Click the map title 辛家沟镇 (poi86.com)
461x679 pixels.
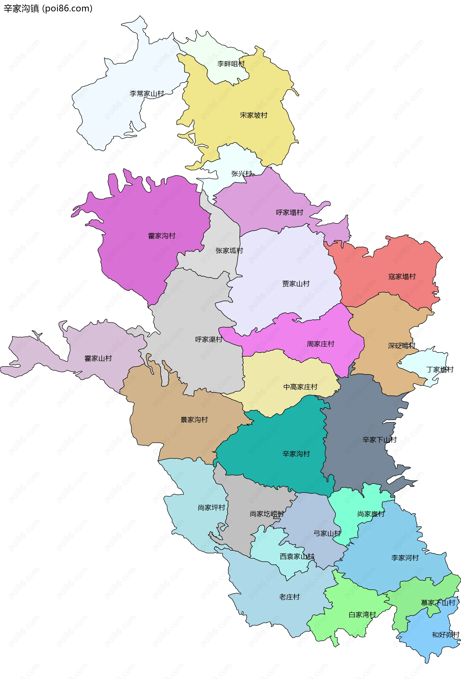48,8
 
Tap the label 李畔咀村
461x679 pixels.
231,64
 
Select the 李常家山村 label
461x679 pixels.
147,94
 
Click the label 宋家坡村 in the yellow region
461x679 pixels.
254,115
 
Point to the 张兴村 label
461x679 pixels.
242,174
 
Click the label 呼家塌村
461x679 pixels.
290,213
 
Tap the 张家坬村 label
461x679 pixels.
229,251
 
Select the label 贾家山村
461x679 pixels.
296,284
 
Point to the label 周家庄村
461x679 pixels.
320,344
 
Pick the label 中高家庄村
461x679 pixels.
300,387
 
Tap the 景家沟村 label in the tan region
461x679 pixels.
194,420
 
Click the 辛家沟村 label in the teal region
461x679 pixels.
296,454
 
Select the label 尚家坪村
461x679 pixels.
211,508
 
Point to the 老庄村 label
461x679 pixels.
289,597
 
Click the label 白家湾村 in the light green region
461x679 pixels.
362,615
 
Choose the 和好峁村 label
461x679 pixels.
445,635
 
